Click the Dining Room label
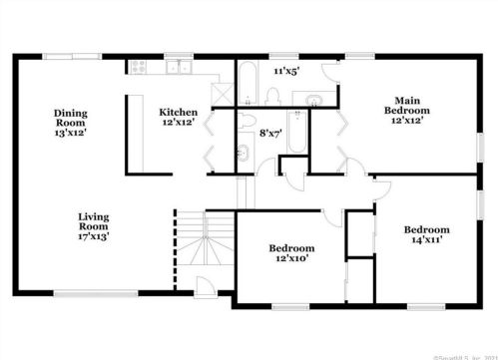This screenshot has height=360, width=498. pyautogui.click(x=72, y=114)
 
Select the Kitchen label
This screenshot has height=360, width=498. pyautogui.click(x=179, y=113)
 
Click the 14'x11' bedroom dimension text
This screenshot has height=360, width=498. pyautogui.click(x=425, y=240)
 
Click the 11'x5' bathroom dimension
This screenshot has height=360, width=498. pyautogui.click(x=287, y=72)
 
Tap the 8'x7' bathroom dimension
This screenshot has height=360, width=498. pyautogui.click(x=270, y=132)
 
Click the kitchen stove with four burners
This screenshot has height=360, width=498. pyautogui.click(x=139, y=68)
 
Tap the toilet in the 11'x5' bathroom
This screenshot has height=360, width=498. pyautogui.click(x=272, y=95)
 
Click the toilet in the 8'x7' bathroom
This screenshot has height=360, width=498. pyautogui.click(x=243, y=123)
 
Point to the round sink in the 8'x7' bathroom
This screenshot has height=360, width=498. pyautogui.click(x=243, y=154)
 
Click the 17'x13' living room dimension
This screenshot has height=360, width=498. pyautogui.click(x=94, y=236)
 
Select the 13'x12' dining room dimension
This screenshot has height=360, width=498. pyautogui.click(x=72, y=132)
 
